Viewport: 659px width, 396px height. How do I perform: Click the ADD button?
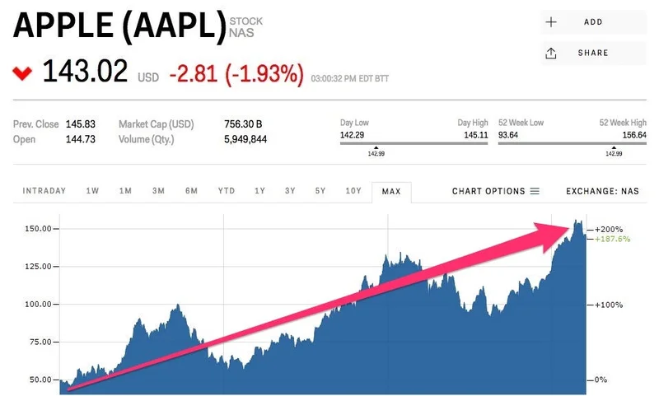click(x=592, y=22)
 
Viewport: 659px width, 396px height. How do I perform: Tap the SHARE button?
click(x=592, y=53)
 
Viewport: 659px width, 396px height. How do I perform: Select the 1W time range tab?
click(x=92, y=191)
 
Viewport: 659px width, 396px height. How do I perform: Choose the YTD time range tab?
click(x=226, y=191)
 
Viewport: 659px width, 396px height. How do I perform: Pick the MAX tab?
click(x=391, y=192)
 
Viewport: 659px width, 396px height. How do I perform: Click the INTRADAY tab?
click(x=44, y=191)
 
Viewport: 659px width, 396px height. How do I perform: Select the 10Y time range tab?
click(x=353, y=191)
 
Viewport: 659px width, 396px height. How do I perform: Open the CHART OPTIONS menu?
click(x=495, y=191)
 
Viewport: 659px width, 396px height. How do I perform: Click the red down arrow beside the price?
click(x=22, y=73)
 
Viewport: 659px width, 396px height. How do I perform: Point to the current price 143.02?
click(x=85, y=72)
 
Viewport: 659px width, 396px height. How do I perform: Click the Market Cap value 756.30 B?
click(x=243, y=124)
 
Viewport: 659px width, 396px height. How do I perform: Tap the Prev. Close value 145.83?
click(x=80, y=124)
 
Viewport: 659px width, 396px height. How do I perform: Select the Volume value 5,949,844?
click(x=245, y=139)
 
